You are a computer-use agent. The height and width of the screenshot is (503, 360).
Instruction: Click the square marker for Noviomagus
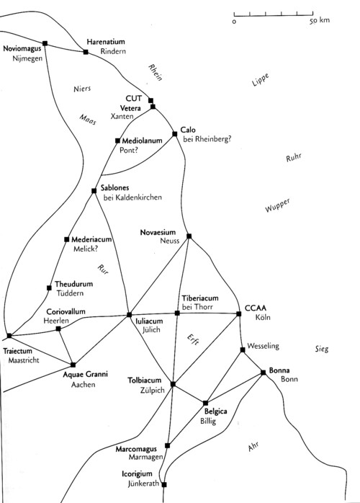[x=45, y=43]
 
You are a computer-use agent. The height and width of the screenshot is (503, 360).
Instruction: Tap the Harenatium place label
[x=105, y=42]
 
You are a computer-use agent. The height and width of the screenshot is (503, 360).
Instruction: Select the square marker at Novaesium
[x=189, y=236]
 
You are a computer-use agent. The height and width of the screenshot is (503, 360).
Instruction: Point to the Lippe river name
[x=261, y=79]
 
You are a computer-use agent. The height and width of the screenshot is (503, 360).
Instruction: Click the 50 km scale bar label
[x=319, y=20]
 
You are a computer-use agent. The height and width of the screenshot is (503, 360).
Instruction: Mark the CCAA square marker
[x=238, y=313]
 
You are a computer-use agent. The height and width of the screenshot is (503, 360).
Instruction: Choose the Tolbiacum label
[x=144, y=380]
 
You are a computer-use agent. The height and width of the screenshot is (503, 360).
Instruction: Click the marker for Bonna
[x=264, y=373]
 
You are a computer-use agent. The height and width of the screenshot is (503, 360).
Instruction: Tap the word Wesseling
[x=264, y=346]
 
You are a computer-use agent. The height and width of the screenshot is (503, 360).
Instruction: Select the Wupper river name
[x=278, y=205]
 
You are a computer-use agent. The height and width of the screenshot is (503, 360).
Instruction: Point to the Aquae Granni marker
[x=73, y=365]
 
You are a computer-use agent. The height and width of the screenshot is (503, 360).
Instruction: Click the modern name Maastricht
[x=24, y=360]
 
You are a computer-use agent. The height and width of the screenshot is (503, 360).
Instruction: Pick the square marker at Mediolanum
[x=117, y=141]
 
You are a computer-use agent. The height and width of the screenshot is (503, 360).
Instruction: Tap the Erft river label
[x=193, y=339]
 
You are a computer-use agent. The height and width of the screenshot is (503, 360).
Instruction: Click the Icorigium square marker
[x=164, y=485]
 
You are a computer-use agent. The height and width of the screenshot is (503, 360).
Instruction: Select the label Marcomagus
[x=136, y=449]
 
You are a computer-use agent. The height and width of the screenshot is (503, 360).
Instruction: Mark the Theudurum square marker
[x=49, y=288]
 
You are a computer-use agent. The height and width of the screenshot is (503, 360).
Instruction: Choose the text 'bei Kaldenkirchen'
[x=132, y=197]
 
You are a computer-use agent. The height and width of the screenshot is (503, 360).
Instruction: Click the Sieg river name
[x=322, y=349]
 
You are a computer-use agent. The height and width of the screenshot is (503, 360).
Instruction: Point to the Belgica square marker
[x=205, y=403]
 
